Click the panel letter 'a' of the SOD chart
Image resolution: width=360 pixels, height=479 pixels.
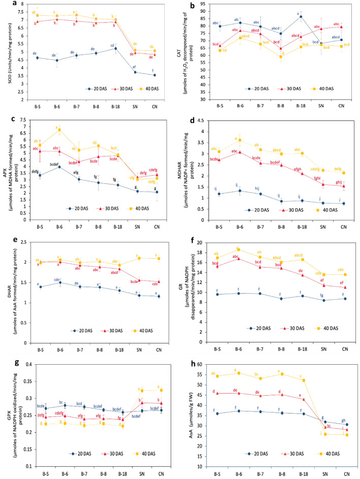point(5,4)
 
